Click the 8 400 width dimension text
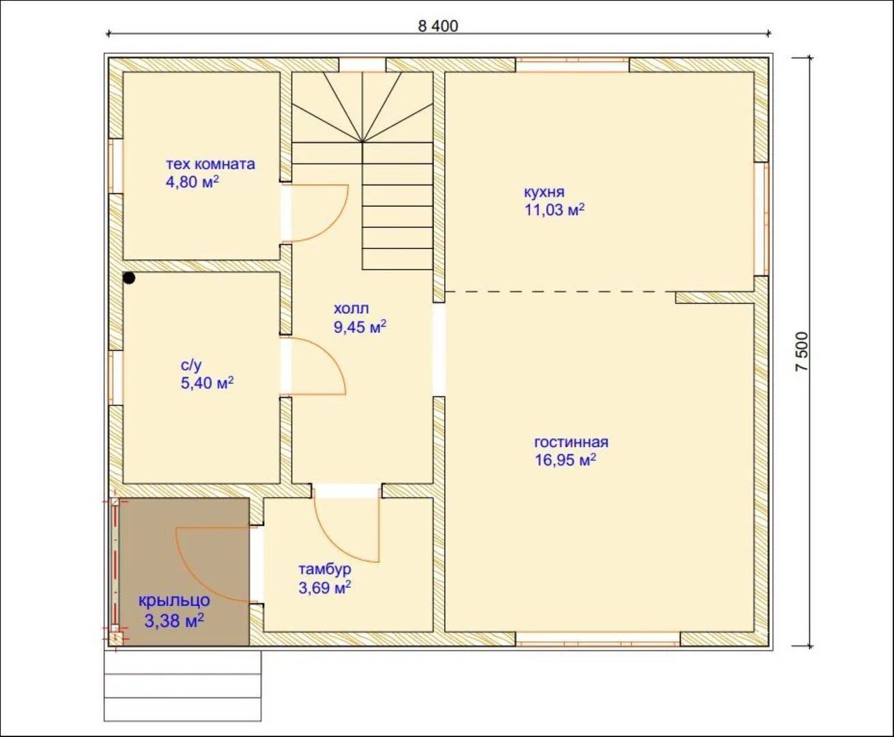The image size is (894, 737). [437, 26]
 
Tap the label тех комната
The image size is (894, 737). [210, 164]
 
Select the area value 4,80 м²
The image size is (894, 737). [192, 182]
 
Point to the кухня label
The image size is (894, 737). [544, 192]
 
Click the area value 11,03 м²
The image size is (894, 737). [554, 209]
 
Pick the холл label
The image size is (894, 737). [351, 308]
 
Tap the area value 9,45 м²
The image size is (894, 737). [360, 327]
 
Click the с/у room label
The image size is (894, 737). [191, 365]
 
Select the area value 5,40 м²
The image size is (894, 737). [207, 382]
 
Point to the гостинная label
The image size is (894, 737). [571, 442]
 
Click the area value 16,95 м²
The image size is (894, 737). [565, 460]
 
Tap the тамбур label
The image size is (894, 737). [325, 569]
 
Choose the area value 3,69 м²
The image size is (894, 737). [325, 588]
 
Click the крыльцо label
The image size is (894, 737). [174, 601]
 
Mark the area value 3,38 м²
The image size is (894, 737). [174, 620]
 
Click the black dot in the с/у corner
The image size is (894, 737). [129, 278]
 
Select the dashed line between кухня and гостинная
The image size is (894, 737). [560, 292]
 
